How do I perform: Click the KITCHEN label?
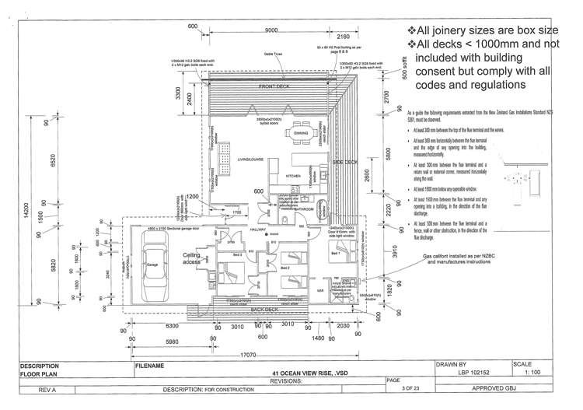point(294,177)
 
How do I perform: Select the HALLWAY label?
point(256,229)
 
